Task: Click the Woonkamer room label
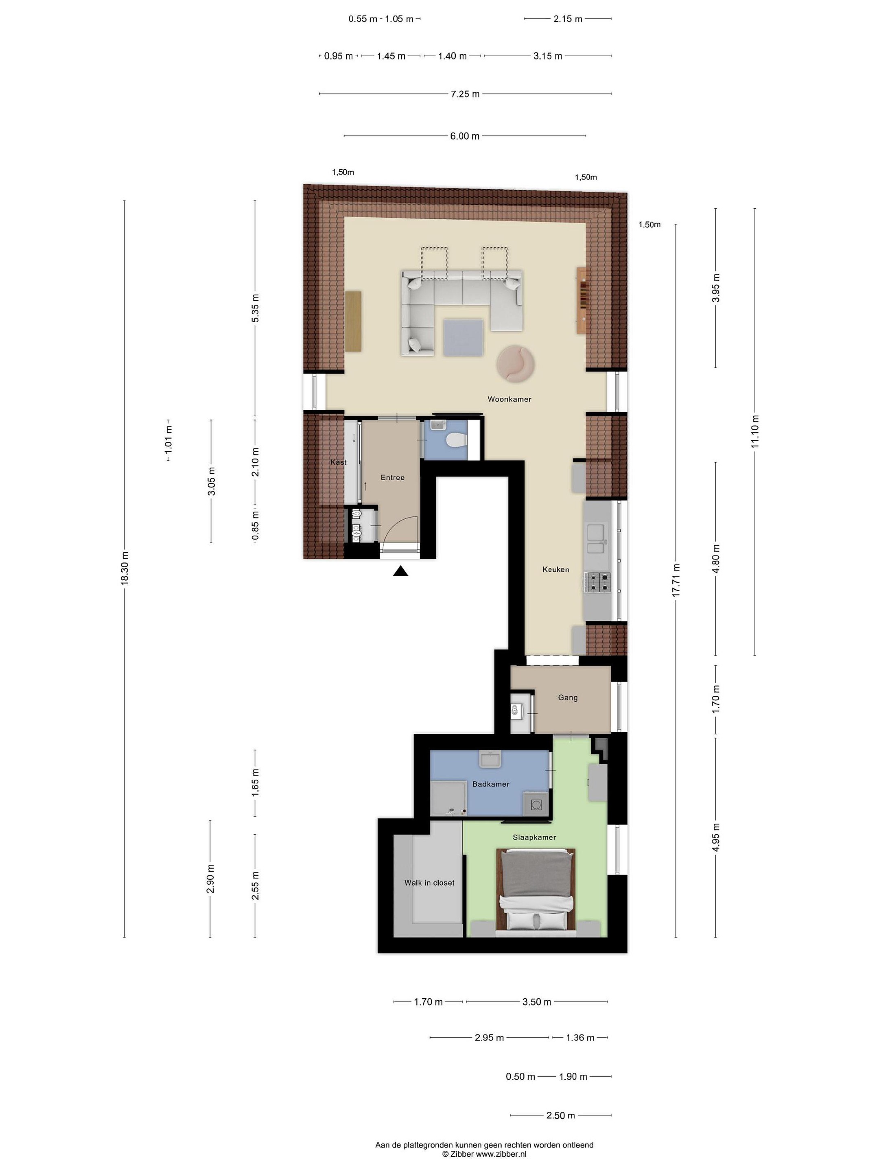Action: pos(509,399)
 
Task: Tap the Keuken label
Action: pos(556,570)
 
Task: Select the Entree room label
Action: pos(393,477)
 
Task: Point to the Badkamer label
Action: pos(491,784)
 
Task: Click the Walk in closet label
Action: pos(429,883)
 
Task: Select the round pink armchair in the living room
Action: pos(516,363)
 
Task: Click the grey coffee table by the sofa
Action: pos(463,337)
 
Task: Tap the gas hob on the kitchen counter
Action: pos(598,582)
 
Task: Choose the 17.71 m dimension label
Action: pos(676,581)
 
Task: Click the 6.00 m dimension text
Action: pos(465,136)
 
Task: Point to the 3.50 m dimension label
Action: pos(537,1002)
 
